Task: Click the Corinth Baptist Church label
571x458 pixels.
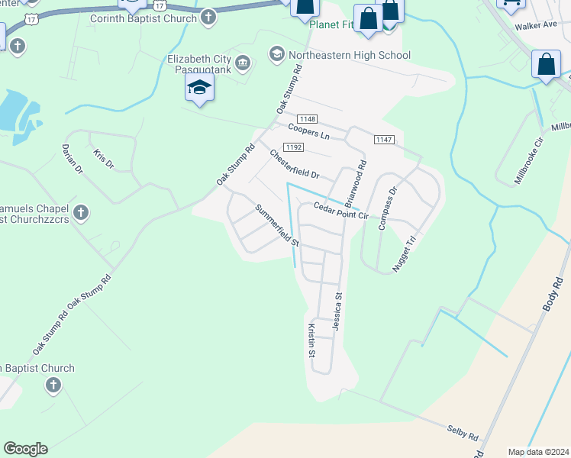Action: tap(144, 18)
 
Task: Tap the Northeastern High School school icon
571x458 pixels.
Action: tap(276, 54)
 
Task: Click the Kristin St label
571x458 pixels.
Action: tap(311, 340)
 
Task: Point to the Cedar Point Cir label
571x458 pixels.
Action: tap(341, 211)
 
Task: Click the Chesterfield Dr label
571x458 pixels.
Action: tap(294, 164)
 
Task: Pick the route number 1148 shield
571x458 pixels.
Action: tap(308, 118)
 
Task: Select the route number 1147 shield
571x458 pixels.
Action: tap(384, 139)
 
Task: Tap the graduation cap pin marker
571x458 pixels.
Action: tap(199, 88)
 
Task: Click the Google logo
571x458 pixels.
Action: tap(25, 449)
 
